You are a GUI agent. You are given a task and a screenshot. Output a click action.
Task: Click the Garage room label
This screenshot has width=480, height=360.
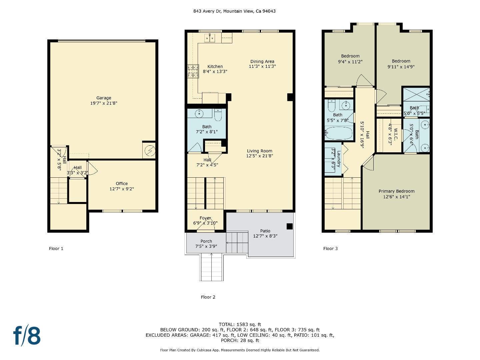coord(104,98)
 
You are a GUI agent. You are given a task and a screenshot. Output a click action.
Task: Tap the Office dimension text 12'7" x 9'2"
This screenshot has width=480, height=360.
coord(122,189)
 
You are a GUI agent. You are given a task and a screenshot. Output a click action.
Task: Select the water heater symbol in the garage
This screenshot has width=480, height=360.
coord(149,151)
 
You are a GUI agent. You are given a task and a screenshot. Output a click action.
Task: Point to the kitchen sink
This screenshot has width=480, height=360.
coord(210,38)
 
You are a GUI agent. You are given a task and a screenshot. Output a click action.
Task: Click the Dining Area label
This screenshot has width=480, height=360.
coord(262,61)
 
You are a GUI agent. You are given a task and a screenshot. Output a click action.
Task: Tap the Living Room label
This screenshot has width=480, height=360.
coord(259,151)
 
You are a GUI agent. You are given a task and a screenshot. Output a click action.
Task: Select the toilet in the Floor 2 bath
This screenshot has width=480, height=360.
coord(218,115)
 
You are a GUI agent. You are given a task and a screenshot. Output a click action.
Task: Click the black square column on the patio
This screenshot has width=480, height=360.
coord(290,226)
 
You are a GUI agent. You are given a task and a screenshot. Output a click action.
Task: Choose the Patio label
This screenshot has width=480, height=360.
coord(265,231)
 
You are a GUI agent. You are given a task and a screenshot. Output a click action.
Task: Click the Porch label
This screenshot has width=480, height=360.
coord(206,241)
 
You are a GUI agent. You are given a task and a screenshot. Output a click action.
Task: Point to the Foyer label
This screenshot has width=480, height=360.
coord(205,218)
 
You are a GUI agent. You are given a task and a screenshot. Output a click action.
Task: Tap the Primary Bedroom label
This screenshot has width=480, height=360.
coord(396,191)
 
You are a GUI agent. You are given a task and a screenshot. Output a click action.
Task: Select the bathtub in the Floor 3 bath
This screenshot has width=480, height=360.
coord(339,133)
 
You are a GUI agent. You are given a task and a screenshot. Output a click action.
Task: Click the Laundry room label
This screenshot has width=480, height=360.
coord(339,159)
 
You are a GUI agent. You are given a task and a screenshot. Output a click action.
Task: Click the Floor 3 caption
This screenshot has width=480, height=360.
coord(330,249)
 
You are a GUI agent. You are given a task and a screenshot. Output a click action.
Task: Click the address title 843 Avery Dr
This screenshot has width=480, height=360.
coord(234,11)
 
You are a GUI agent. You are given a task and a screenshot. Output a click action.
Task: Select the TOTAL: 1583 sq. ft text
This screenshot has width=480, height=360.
coord(240,324)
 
